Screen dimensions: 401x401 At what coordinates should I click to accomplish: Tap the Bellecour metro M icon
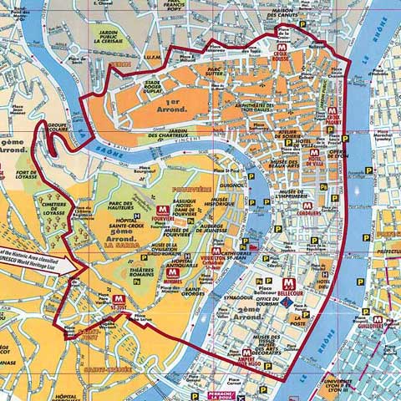coord(289,284)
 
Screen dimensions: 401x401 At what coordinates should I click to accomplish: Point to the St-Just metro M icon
coord(118,298)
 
